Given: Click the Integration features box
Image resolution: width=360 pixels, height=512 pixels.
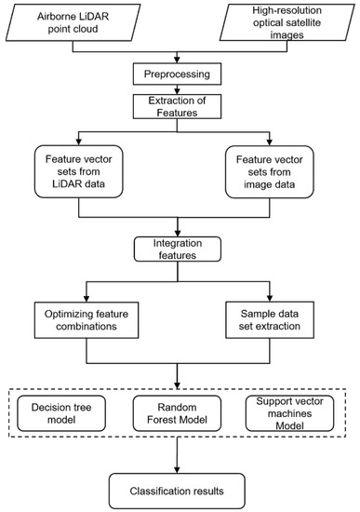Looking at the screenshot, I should pyautogui.click(x=179, y=247).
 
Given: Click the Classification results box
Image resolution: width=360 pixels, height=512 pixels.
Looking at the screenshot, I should pyautogui.click(x=179, y=486).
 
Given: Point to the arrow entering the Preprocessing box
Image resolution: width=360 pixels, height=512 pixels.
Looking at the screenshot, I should pyautogui.click(x=179, y=59).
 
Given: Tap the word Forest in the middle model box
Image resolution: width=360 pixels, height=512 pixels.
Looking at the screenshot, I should pyautogui.click(x=178, y=418).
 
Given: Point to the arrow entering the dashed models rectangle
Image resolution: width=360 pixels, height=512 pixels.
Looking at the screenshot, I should pyautogui.click(x=179, y=378).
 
